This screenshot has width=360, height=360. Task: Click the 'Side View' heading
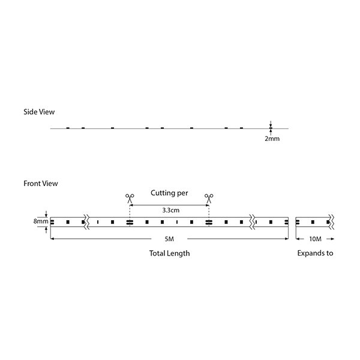tap(39, 112)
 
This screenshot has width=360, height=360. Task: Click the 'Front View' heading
tap(41, 184)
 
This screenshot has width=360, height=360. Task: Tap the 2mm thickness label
tap(272, 139)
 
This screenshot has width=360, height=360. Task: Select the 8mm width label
tap(41, 221)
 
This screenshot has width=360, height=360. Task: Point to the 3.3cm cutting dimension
tap(171, 211)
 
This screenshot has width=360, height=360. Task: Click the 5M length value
tap(169, 239)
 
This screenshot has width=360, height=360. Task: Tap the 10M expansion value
tap(315, 239)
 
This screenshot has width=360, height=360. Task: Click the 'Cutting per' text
tap(169, 193)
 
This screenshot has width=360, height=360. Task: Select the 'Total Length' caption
tap(169, 253)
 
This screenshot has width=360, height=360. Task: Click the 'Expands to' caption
tap(315, 253)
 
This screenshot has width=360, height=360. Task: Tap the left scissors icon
tap(130, 199)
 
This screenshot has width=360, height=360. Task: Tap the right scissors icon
tap(209, 199)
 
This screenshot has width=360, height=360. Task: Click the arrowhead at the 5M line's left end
tap(52, 239)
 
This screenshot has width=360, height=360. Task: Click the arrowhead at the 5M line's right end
tap(287, 239)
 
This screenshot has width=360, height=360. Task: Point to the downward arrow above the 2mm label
tap(271, 124)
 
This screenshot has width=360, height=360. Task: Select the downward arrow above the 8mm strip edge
tap(46, 214)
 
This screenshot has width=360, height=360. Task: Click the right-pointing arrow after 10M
tap(331, 239)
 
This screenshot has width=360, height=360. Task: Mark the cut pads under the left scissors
tap(130, 222)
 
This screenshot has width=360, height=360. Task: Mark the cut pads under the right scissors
tap(209, 222)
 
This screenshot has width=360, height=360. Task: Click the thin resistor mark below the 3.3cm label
tap(177, 222)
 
